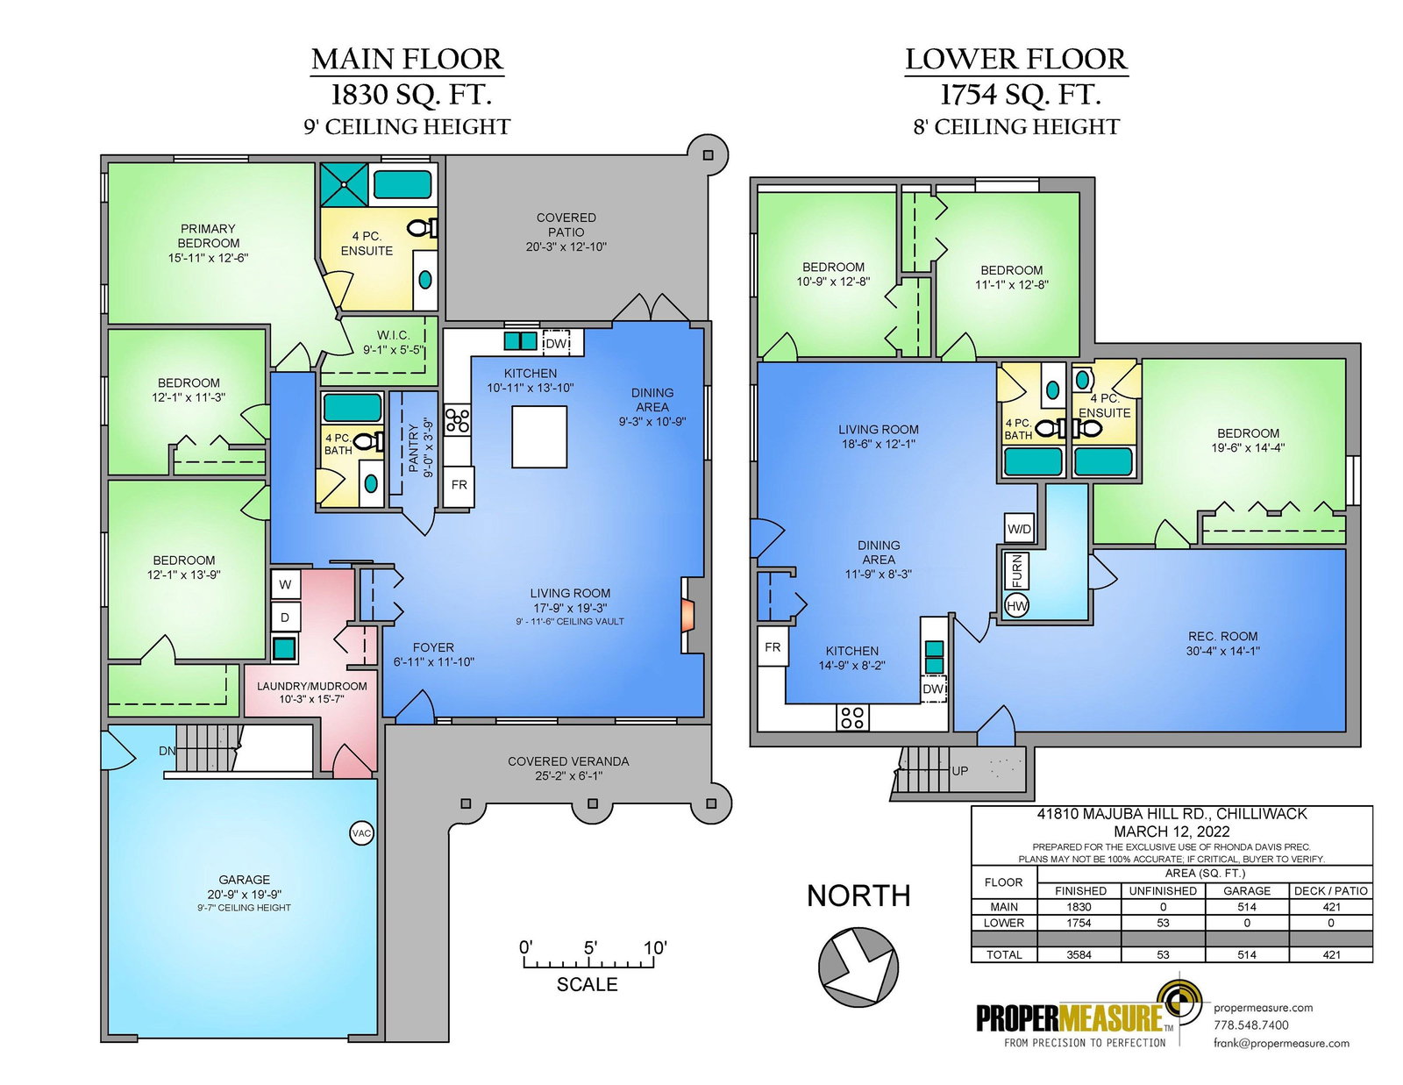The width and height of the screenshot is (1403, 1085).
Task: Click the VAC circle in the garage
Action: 361,832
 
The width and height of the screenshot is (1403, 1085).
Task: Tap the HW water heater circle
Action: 1017,606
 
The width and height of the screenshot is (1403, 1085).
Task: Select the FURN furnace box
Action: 1016,571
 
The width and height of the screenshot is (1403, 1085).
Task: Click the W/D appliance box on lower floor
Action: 1020,529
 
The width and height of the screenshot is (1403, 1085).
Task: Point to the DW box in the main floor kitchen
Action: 556,343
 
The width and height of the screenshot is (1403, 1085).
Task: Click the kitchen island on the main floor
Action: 539,436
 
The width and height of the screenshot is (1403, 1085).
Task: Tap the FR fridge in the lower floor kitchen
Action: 773,646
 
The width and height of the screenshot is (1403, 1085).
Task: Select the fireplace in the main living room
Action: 687,616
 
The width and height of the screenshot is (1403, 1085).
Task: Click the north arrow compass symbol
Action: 858,967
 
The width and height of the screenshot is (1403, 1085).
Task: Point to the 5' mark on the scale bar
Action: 590,948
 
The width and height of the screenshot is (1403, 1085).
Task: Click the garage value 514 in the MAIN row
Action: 1247,908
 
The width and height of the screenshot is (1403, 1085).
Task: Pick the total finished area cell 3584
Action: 1079,954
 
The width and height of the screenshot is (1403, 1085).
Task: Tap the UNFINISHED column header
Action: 1163,891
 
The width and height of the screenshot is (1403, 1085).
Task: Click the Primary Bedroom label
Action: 208,236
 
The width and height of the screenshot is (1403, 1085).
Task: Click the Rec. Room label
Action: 1223,636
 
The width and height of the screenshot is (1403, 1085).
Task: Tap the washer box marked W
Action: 285,584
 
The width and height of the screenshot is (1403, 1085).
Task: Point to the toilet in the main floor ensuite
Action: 423,227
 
